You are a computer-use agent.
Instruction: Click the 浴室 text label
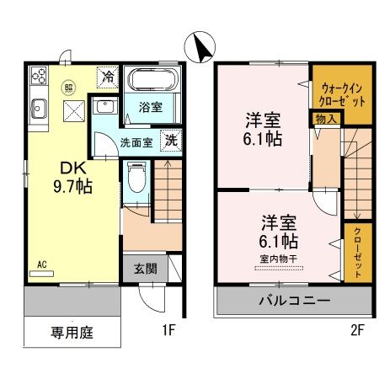pyautogui.click(x=152, y=108)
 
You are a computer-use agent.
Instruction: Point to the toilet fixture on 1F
pyautogui.click(x=136, y=178)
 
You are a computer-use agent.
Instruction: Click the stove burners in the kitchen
pyautogui.click(x=39, y=78)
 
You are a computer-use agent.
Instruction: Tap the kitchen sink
pyautogui.click(x=39, y=108)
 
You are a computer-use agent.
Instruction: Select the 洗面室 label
pyautogui.click(x=135, y=143)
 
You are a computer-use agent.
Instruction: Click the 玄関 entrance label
pyautogui.click(x=145, y=270)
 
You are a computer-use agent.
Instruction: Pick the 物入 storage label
pyautogui.click(x=327, y=119)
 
